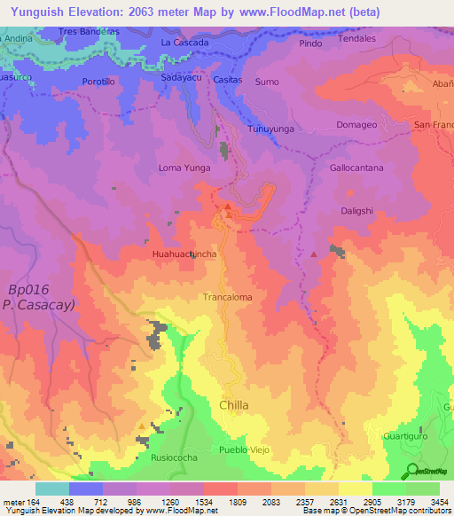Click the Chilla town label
pyautogui.click(x=233, y=405)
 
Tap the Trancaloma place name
pyautogui.click(x=228, y=298)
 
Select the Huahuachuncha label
pyautogui.click(x=184, y=254)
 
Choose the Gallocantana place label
pyautogui.click(x=356, y=168)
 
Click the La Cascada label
pyautogui.click(x=184, y=43)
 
